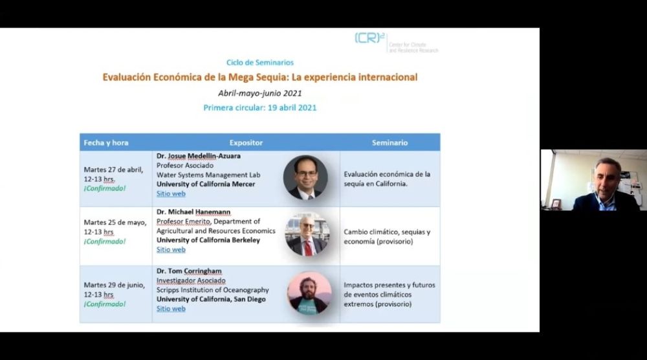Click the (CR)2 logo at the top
pyautogui.click(x=371, y=39)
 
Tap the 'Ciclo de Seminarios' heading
pyautogui.click(x=259, y=63)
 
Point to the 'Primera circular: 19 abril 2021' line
pyautogui.click(x=259, y=107)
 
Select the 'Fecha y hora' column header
pyautogui.click(x=106, y=142)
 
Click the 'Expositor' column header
pyautogui.click(x=246, y=142)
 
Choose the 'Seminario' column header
pyautogui.click(x=389, y=142)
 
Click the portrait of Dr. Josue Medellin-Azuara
pyautogui.click(x=305, y=176)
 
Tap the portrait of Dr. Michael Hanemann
pyautogui.click(x=307, y=234)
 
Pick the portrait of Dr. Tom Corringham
pyautogui.click(x=309, y=293)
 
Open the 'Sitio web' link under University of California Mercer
pyautogui.click(x=171, y=194)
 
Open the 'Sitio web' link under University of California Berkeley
pyautogui.click(x=171, y=249)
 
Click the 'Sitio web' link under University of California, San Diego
pyautogui.click(x=171, y=309)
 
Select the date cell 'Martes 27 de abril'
pyautogui.click(x=113, y=170)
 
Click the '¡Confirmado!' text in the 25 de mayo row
pyautogui.click(x=105, y=242)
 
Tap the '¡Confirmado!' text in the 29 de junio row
pyautogui.click(x=105, y=304)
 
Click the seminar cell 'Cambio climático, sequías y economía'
pyautogui.click(x=387, y=236)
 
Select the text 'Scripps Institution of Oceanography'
pyautogui.click(x=212, y=290)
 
